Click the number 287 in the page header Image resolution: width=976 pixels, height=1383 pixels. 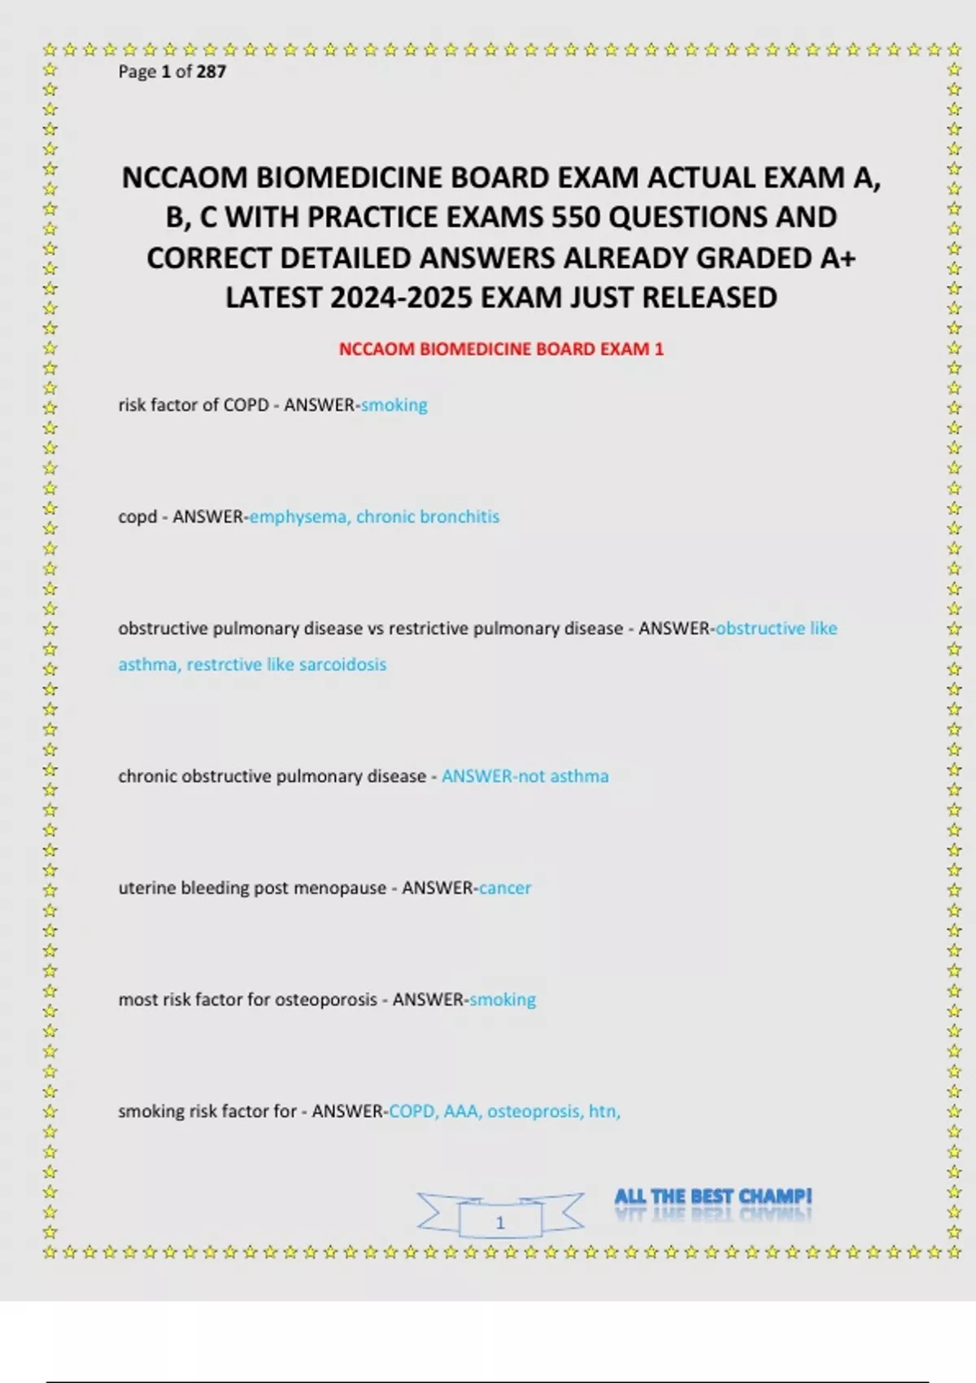coord(211,72)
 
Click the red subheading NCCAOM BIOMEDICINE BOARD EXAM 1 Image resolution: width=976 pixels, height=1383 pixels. coord(501,349)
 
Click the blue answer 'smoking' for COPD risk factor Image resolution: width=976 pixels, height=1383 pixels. coord(394,405)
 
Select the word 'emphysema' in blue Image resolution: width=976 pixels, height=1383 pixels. coord(298,517)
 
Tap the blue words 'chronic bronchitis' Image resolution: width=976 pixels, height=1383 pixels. coord(428,517)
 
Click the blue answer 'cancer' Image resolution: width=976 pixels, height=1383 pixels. coord(504,888)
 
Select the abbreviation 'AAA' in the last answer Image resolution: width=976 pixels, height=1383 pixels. coord(461,1111)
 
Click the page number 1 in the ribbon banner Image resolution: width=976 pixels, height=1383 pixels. coord(500,1222)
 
